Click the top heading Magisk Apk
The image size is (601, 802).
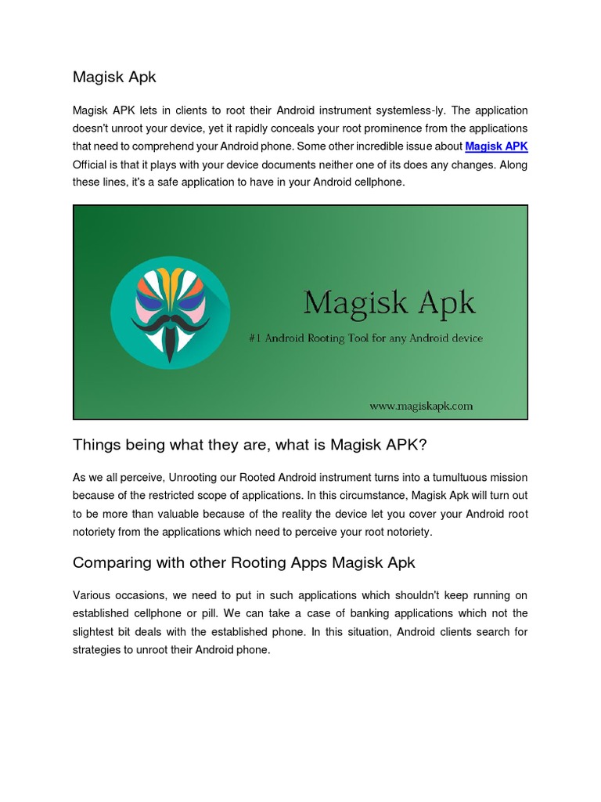pos(114,77)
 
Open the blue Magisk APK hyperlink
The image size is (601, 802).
pos(496,146)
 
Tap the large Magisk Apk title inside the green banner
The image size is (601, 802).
pos(389,302)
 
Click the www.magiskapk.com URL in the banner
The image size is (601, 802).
pos(421,406)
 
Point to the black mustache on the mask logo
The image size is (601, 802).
pos(170,322)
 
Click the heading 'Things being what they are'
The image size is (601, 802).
pos(250,446)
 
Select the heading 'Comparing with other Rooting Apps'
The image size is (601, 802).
pos(243,562)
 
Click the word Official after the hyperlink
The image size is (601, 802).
pos(92,164)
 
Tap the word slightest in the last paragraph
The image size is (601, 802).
pos(94,632)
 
